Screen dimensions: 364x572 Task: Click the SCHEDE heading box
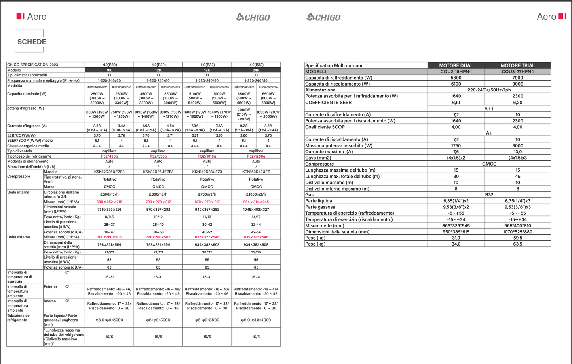[x=31, y=42]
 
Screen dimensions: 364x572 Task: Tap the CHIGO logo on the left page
[x=253, y=17]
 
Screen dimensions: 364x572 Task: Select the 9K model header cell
[x=109, y=70]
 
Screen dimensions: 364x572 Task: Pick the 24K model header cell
[x=256, y=70]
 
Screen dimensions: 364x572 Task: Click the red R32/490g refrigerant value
[x=109, y=156]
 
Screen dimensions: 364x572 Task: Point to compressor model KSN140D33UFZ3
[x=207, y=172]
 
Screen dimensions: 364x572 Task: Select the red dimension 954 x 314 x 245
[x=256, y=202]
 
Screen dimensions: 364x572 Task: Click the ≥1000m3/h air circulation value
[x=256, y=194]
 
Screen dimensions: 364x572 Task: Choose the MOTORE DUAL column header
[x=456, y=65]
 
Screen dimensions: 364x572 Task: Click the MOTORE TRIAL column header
[x=517, y=65]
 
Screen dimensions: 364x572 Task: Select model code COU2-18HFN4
[x=456, y=72]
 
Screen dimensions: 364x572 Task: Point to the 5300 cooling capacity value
[x=456, y=78]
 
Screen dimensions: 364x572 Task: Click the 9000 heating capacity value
[x=517, y=84]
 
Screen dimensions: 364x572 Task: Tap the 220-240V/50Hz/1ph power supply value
[x=489, y=90]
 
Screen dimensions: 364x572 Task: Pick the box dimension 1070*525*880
[x=517, y=232]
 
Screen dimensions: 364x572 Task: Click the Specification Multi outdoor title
[x=334, y=65]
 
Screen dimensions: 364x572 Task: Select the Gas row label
[x=310, y=195]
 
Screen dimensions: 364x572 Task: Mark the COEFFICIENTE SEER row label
[x=328, y=102]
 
